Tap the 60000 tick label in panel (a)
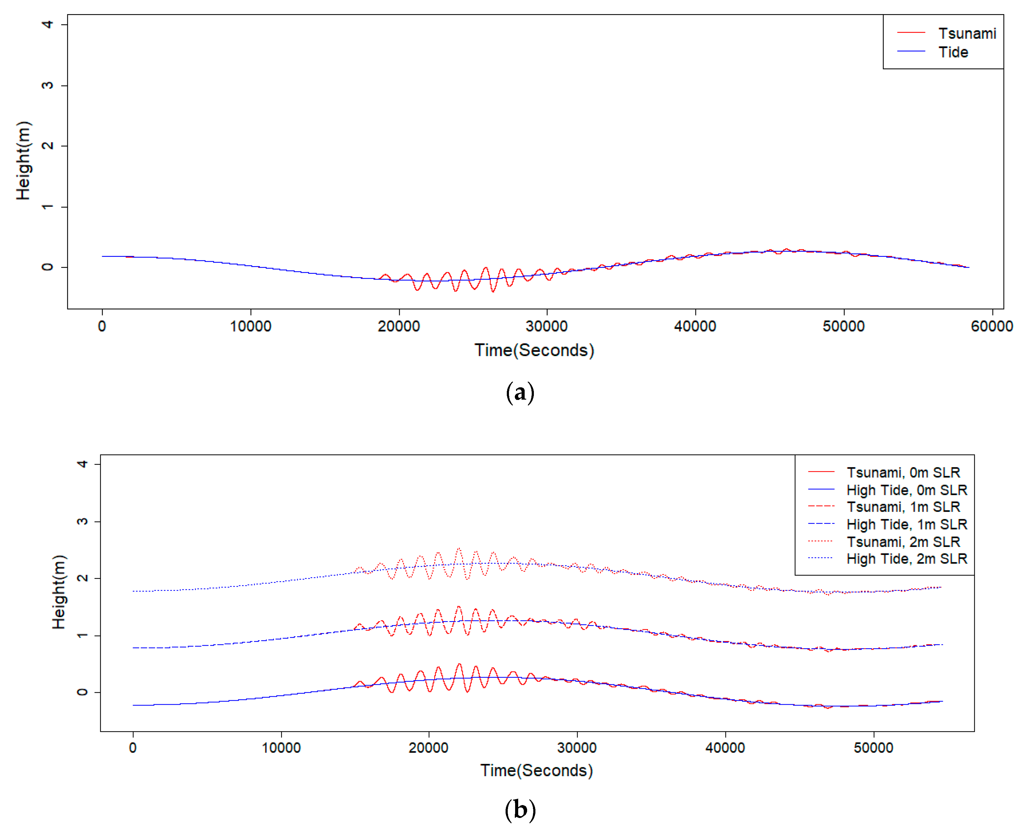[x=991, y=326]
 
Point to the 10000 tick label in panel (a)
[x=250, y=326]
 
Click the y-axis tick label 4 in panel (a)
[x=47, y=24]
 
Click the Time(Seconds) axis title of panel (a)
[x=534, y=350]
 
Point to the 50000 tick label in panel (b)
[x=873, y=748]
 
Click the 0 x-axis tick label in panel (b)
[x=133, y=748]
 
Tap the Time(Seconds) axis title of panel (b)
[x=536, y=770]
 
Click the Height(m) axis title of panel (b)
[x=58, y=592]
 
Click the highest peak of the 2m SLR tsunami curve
[x=459, y=549]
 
